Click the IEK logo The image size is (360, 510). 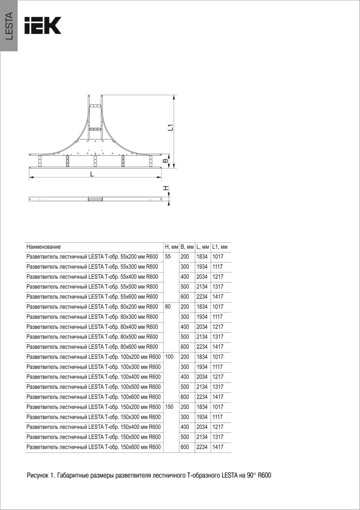(x=43, y=25)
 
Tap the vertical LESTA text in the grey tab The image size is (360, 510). (x=9, y=26)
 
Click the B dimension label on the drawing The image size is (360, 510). (x=166, y=161)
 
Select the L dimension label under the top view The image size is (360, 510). (x=92, y=174)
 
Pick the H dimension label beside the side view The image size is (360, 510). (x=166, y=188)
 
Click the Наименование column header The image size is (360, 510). (x=44, y=247)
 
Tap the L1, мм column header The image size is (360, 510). (x=220, y=247)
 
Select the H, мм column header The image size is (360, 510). (x=171, y=247)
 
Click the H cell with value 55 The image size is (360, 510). (x=168, y=257)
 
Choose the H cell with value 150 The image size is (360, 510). (x=169, y=407)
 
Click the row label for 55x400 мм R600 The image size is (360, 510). (x=92, y=277)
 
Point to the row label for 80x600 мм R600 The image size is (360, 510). (x=92, y=347)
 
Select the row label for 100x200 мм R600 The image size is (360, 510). (x=94, y=357)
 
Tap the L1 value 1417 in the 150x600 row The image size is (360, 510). (x=218, y=447)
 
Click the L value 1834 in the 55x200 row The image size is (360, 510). (x=202, y=257)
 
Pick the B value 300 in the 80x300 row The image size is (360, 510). (x=185, y=317)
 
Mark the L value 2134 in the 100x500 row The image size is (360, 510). (x=202, y=387)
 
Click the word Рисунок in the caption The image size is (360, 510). (x=38, y=475)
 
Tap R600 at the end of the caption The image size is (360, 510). (x=264, y=475)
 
